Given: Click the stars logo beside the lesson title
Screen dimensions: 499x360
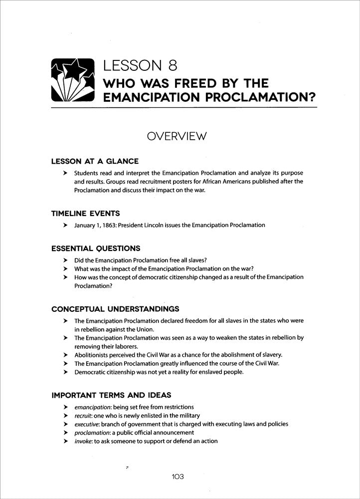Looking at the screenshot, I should click(73, 80).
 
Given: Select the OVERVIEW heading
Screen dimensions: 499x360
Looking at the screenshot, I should click(180, 136).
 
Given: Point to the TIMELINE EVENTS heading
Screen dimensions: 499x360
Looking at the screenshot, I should click(85, 213).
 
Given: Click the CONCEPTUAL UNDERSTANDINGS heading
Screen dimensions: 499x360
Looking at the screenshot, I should click(116, 309).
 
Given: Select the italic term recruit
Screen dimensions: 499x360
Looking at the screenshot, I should click(82, 416).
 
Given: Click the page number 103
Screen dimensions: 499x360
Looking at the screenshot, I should click(178, 477).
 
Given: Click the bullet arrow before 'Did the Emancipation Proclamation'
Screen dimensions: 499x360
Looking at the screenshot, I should click(65, 260).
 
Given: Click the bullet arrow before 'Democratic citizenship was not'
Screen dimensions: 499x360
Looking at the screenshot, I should click(65, 372).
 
